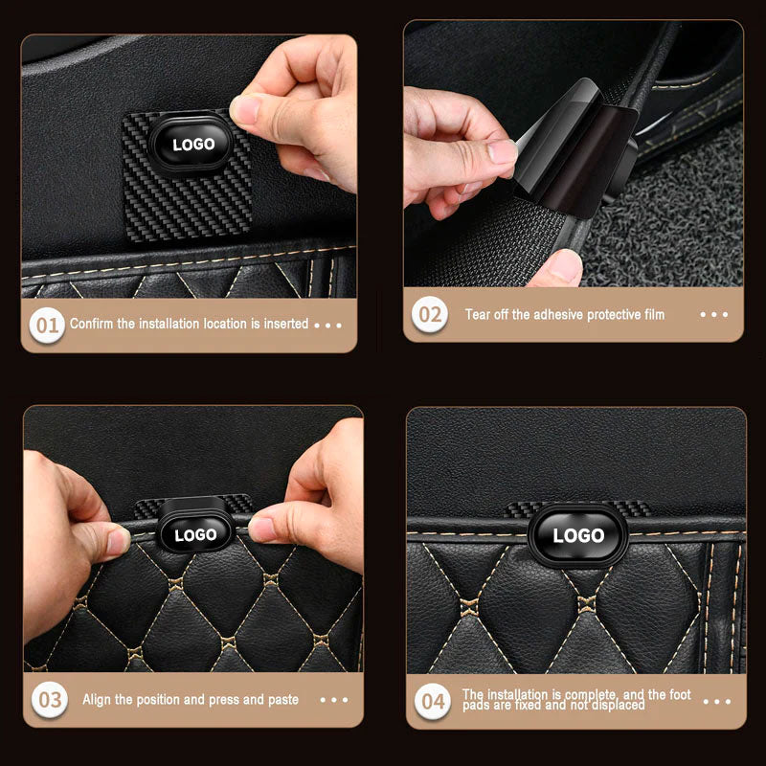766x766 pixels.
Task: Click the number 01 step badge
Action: point(47,325)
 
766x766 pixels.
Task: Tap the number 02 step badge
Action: point(430,314)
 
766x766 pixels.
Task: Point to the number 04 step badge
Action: point(433,701)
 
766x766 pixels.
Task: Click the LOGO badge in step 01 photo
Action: point(194,146)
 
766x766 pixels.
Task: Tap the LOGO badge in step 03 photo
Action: point(194,534)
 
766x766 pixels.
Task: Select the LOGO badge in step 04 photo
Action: point(578,535)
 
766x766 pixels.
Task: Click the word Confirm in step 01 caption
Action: point(91,324)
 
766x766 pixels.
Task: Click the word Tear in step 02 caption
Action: point(478,314)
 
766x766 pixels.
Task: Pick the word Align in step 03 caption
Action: point(99,700)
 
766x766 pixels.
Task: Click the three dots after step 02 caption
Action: point(713,314)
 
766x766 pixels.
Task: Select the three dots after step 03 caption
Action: point(333,700)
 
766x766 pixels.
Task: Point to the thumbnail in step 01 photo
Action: point(246,111)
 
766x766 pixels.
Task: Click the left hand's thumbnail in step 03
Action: point(116,541)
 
